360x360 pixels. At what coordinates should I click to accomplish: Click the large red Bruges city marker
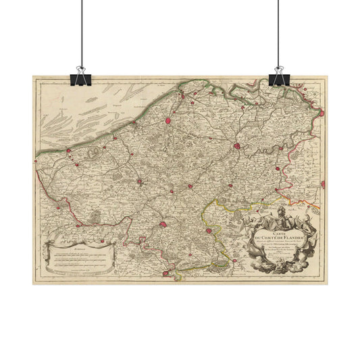[x=168, y=121]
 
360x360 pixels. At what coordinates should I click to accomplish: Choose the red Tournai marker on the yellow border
[x=209, y=232]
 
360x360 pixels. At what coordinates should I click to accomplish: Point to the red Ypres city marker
[x=138, y=181]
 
